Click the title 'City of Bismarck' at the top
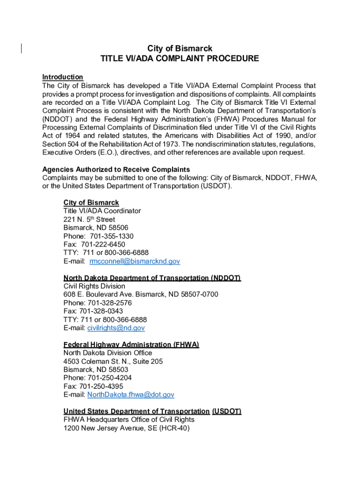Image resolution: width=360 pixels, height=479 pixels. (180, 49)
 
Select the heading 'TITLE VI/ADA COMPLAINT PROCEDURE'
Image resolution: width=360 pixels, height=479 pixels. (180, 59)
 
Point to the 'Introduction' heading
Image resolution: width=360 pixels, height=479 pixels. (63, 77)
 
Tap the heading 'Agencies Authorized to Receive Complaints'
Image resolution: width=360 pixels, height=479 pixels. (116, 169)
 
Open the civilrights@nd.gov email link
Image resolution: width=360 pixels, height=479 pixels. (116, 328)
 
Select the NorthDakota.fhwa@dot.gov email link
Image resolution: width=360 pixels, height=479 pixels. (131, 395)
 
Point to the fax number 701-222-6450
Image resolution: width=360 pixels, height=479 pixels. (103, 245)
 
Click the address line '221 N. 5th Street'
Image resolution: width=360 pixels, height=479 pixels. (89, 219)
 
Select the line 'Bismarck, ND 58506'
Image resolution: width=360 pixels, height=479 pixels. (96, 228)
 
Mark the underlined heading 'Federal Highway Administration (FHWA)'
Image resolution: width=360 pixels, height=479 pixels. (131, 345)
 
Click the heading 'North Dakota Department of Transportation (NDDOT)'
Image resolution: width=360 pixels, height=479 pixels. (152, 278)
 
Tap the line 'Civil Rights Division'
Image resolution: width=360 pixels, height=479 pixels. (94, 286)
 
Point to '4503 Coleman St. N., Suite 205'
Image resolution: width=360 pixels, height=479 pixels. (113, 362)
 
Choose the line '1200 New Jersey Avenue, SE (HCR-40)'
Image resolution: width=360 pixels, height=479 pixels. (127, 428)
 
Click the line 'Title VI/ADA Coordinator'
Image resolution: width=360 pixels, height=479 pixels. (102, 211)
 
